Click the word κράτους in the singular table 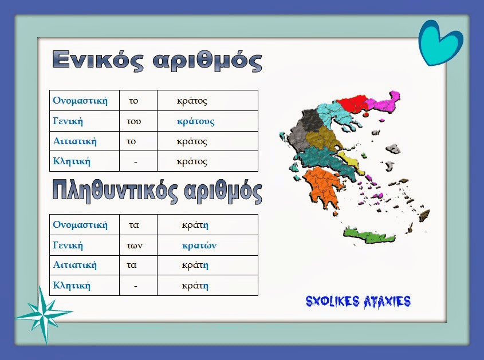coord(195,121)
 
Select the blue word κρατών coord(199,246)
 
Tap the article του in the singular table coord(133,121)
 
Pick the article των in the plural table coord(135,246)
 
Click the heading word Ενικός coord(98,60)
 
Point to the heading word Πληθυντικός coord(115,191)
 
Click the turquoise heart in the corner coord(440,43)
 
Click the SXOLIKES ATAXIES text coord(358,302)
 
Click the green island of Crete coord(369,237)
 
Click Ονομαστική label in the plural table coord(80,224)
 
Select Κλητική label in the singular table coord(72,161)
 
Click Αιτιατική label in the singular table coord(74,141)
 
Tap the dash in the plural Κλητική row coord(136,286)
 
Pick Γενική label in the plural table coord(68,245)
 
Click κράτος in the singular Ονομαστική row coord(192,101)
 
